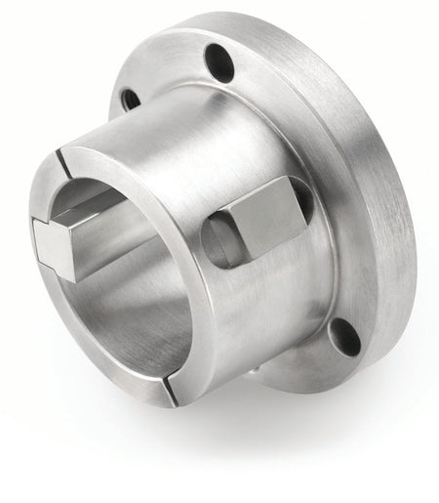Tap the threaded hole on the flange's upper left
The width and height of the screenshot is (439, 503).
pyautogui.click(x=128, y=98)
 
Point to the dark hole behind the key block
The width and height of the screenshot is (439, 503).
pyautogui.click(x=303, y=200)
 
